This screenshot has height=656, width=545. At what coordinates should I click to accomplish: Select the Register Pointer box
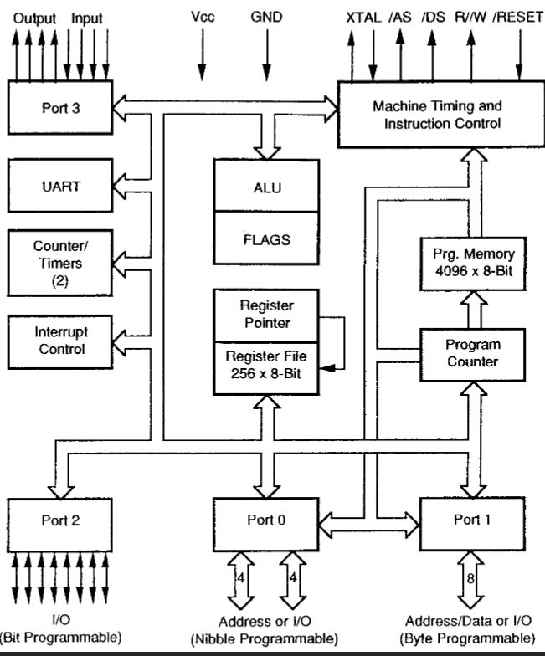click(266, 314)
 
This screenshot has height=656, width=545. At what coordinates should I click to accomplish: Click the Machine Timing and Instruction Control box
click(436, 115)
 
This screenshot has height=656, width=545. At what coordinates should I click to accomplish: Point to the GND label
click(266, 16)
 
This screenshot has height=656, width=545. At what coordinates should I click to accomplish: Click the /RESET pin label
click(518, 16)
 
